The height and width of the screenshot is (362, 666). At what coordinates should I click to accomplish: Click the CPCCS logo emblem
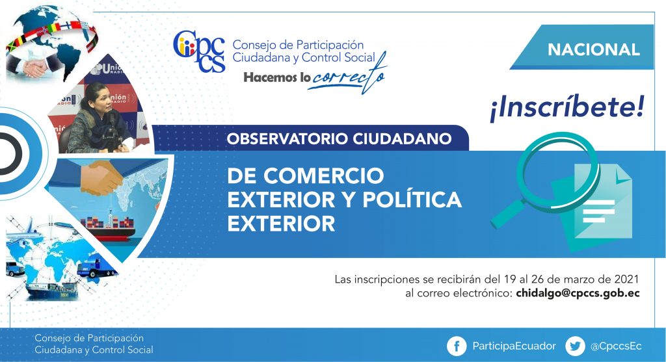click(x=199, y=51)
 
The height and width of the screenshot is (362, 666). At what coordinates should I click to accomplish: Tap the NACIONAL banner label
click(x=593, y=49)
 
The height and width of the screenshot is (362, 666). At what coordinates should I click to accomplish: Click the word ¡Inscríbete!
click(x=567, y=108)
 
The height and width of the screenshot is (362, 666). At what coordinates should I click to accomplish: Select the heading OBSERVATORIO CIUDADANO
click(x=339, y=139)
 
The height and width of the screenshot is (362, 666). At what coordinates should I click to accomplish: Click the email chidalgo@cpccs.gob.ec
click(x=578, y=293)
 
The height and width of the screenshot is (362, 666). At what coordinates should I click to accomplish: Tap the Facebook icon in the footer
click(x=457, y=346)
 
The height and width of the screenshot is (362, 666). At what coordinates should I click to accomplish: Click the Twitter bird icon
click(x=575, y=346)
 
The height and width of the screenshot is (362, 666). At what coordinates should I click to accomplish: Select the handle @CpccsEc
click(x=616, y=346)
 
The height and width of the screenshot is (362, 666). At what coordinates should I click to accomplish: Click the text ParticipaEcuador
click(x=514, y=346)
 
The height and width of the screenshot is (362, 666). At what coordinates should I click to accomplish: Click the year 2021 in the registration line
click(x=626, y=279)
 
